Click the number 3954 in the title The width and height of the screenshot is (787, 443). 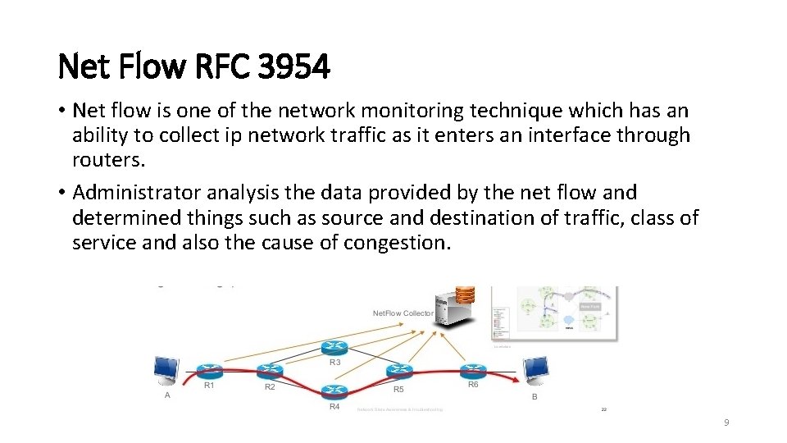(x=293, y=67)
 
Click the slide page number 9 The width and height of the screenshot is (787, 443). (x=726, y=422)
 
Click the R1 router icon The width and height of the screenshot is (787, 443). (x=208, y=371)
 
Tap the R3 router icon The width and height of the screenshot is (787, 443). (x=334, y=348)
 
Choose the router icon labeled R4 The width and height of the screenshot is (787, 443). (x=334, y=392)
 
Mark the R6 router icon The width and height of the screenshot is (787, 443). (x=473, y=371)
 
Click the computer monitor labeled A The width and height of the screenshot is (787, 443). (x=167, y=371)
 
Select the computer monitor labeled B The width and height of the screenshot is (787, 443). (x=537, y=371)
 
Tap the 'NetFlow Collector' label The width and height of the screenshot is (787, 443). (x=403, y=313)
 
